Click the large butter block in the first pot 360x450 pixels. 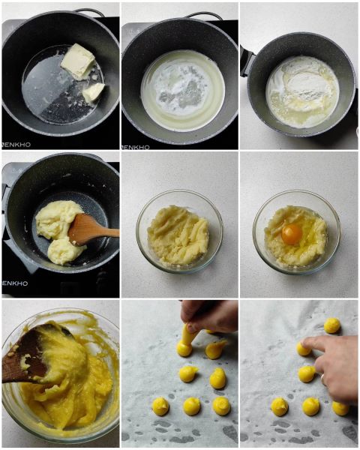tap(77, 60)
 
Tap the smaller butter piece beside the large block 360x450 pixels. tap(93, 91)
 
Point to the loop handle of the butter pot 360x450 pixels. tap(90, 12)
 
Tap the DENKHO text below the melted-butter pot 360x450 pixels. tap(136, 147)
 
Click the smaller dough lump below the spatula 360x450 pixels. tap(64, 251)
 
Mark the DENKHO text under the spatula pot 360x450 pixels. tap(16, 283)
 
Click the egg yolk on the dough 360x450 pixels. tap(292, 234)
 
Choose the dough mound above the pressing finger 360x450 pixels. tap(331, 325)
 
